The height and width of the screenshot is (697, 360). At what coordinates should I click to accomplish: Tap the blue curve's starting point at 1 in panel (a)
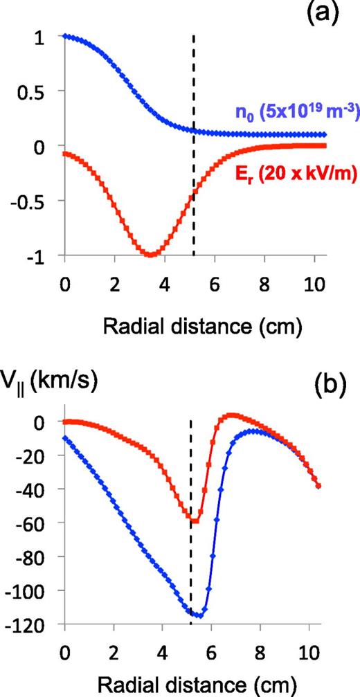[x=64, y=36]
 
